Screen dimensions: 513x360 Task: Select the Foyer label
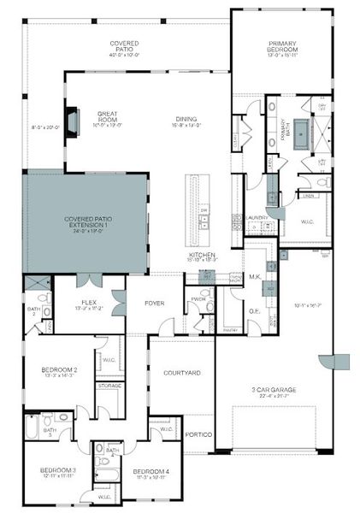coord(154,303)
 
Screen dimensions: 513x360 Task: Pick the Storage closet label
coord(109,386)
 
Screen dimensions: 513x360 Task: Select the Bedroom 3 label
coord(57,471)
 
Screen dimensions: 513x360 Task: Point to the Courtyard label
coord(180,373)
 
